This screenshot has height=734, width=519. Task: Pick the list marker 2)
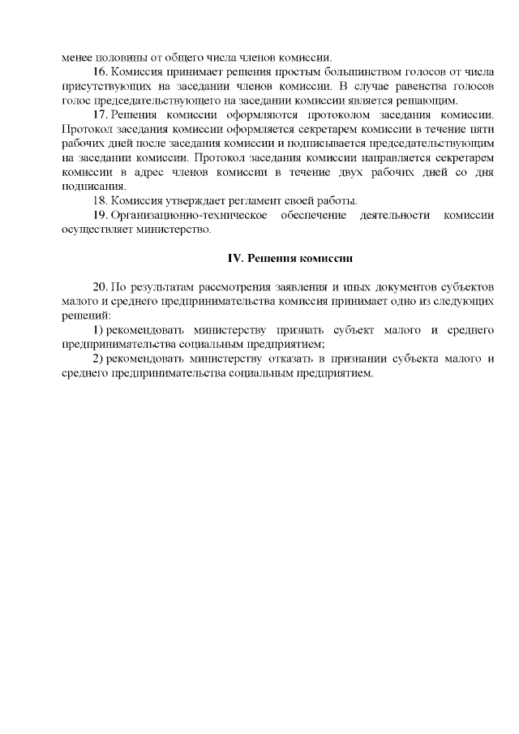pyautogui.click(x=97, y=359)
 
